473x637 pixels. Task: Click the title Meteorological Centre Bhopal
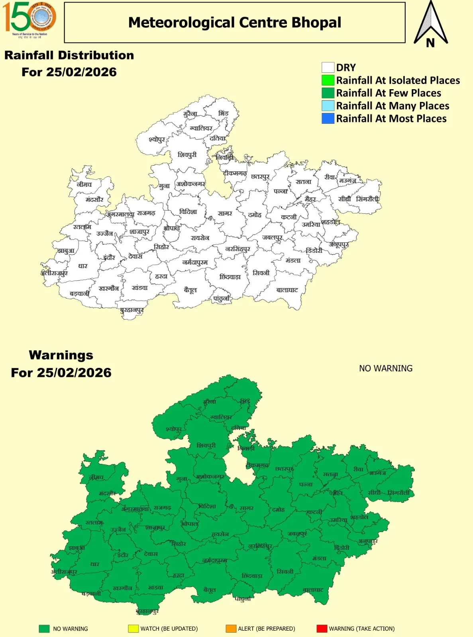tap(235, 23)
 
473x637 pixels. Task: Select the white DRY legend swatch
tap(328, 67)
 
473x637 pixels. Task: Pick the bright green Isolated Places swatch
tap(328, 80)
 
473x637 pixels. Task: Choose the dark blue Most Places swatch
tap(328, 118)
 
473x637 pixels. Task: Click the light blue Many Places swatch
tap(328, 106)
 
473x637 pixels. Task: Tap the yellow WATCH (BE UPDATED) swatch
tap(133, 629)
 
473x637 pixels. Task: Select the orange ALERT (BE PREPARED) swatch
tap(231, 629)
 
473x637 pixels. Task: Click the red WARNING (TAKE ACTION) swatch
tap(322, 629)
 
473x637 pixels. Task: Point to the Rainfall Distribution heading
tap(69, 55)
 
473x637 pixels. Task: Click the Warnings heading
tap(61, 355)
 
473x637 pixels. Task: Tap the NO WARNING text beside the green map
tap(386, 368)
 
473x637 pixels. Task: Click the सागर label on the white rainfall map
tap(225, 213)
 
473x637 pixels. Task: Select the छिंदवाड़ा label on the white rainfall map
tap(230, 277)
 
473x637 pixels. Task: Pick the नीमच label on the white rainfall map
tap(84, 185)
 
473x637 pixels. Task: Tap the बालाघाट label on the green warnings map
tap(313, 590)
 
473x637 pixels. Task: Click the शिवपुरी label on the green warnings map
tap(206, 446)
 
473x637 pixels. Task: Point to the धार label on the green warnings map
tap(94, 564)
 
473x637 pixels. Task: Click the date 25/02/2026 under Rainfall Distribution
tap(81, 72)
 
